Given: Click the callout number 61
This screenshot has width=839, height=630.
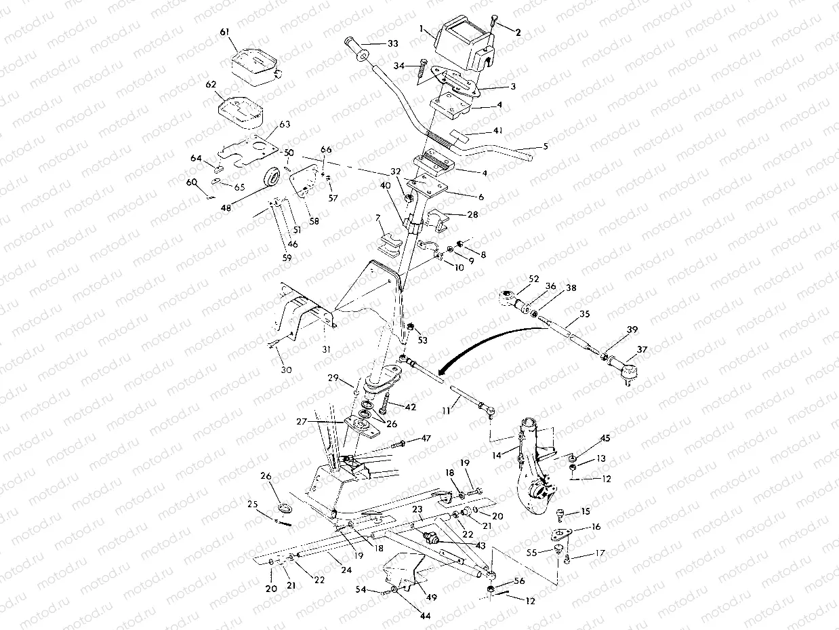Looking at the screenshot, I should pyautogui.click(x=226, y=33).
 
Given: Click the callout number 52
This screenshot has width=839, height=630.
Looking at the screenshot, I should pyautogui.click(x=533, y=278).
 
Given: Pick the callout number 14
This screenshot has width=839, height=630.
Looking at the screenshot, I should pyautogui.click(x=498, y=456).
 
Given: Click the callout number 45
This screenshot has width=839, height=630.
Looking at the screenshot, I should pyautogui.click(x=605, y=438).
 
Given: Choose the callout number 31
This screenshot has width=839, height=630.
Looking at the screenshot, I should pyautogui.click(x=325, y=349).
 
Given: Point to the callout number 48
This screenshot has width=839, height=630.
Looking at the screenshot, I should pyautogui.click(x=226, y=208).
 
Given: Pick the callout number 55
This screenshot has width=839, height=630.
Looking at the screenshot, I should pyautogui.click(x=532, y=553).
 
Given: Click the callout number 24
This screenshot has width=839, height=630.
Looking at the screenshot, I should pyautogui.click(x=346, y=570).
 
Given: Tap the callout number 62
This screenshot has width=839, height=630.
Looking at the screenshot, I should pyautogui.click(x=211, y=85).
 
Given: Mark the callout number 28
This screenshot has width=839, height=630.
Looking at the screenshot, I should pyautogui.click(x=472, y=214).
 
